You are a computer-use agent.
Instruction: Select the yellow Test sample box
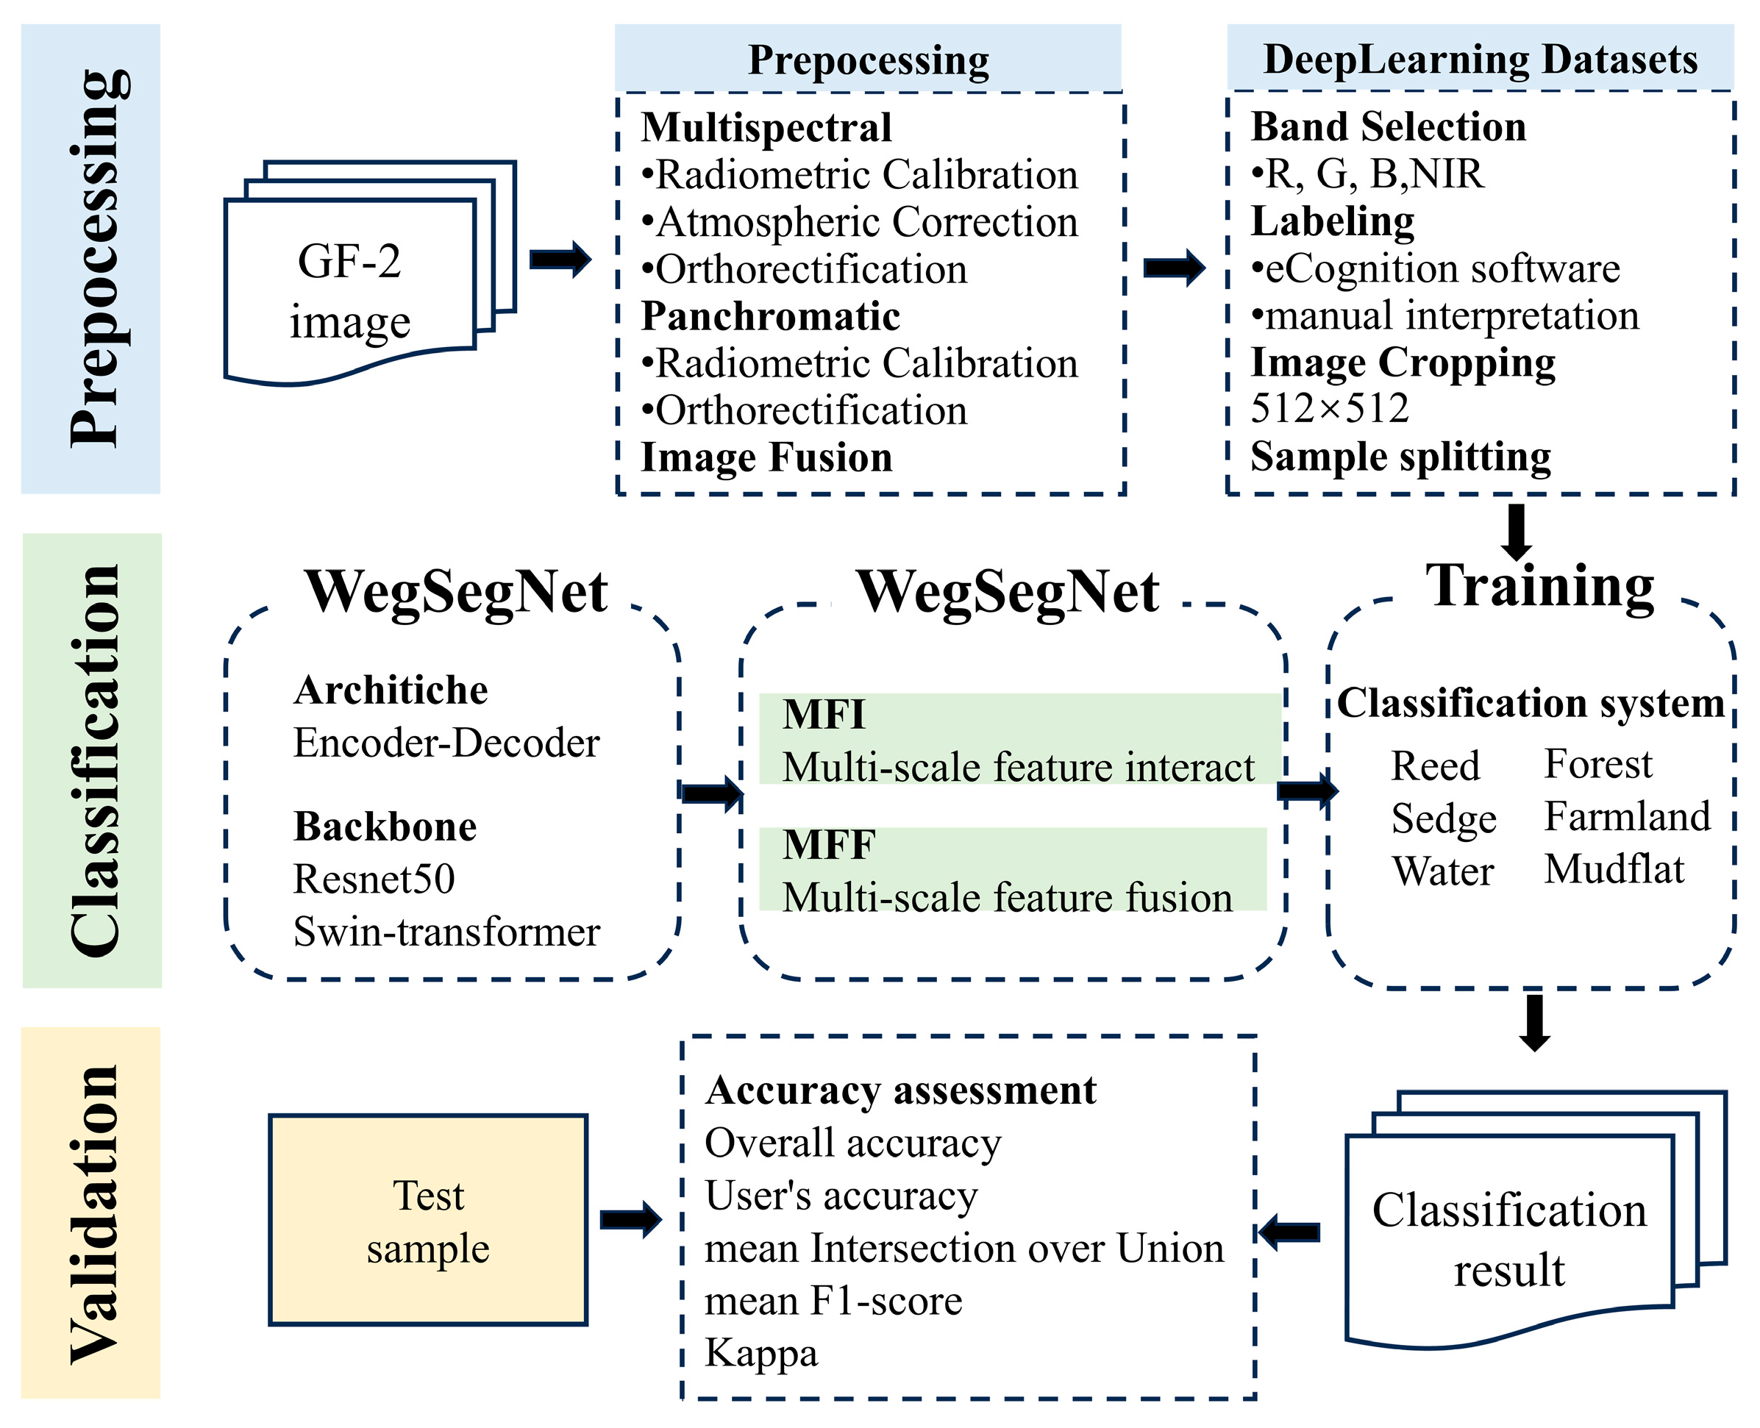[428, 1221]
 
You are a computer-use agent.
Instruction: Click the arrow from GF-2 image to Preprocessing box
[560, 260]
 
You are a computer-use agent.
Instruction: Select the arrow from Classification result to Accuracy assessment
[1289, 1232]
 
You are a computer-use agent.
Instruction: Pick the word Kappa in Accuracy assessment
[761, 1352]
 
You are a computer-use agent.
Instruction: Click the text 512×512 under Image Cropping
[1330, 409]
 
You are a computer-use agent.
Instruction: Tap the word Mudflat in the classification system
[1614, 869]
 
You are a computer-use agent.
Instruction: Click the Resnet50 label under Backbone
[374, 879]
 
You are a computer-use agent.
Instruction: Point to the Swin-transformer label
[446, 932]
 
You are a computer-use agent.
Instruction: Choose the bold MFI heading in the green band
[824, 714]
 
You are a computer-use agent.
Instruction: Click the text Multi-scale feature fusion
[1007, 897]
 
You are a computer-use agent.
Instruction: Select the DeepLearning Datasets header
[1481, 60]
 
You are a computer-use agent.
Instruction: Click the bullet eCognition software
[1436, 268]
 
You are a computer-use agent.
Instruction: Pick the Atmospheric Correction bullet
[860, 222]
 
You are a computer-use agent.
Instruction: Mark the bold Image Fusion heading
[766, 457]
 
